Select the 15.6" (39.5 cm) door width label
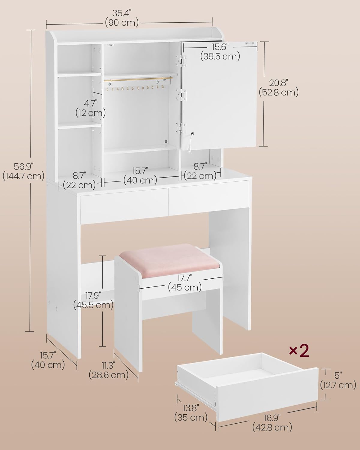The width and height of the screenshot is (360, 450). pos(220,51)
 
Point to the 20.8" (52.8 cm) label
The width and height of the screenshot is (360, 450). pos(278,88)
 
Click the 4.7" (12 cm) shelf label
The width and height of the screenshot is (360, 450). pos(90,108)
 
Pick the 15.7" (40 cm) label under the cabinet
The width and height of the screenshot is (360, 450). pos(140,175)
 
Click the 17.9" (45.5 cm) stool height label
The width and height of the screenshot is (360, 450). pos(93,300)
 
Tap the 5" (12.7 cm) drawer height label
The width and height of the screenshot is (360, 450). pos(338,380)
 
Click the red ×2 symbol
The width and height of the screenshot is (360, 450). pos(298,351)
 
